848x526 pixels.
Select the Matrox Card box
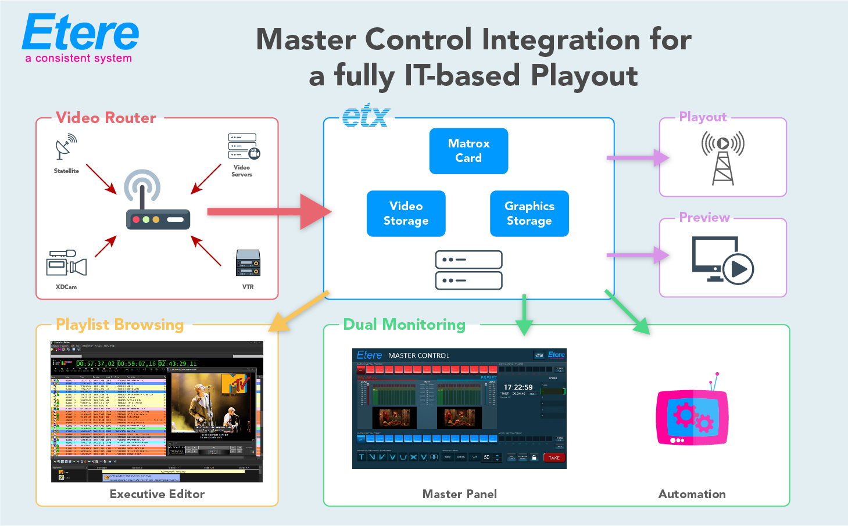(468, 151)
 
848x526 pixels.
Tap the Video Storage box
(406, 214)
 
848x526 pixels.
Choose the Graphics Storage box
(529, 214)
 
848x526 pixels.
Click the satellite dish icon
(66, 146)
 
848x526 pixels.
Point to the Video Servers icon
(244, 146)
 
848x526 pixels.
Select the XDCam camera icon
(66, 263)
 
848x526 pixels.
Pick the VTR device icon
(248, 263)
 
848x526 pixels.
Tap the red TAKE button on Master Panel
(553, 457)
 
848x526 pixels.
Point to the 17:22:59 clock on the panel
(518, 387)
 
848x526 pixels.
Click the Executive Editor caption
(157, 494)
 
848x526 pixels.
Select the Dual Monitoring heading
(404, 325)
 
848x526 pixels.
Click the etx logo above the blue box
(365, 116)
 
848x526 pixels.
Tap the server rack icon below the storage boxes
(468, 270)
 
